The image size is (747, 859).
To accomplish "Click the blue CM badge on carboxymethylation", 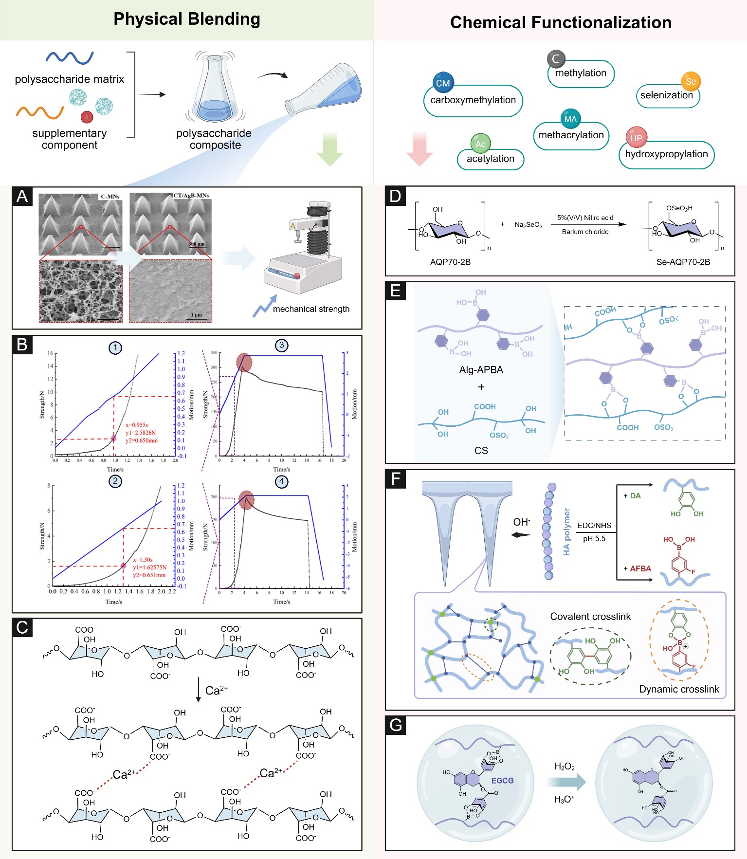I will pyautogui.click(x=443, y=83).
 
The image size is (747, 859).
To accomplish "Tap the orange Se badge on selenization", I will pyautogui.click(x=691, y=81).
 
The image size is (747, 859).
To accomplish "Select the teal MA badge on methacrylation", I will pyautogui.click(x=570, y=119).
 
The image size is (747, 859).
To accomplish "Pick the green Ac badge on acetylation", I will pyautogui.click(x=481, y=144).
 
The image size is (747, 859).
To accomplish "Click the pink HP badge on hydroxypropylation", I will pyautogui.click(x=636, y=138).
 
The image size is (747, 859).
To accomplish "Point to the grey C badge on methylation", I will pyautogui.click(x=556, y=59).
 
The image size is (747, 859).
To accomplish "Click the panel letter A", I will pyautogui.click(x=22, y=196).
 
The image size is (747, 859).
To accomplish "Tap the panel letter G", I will pyautogui.click(x=396, y=725).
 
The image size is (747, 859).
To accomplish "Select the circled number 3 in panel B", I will pyautogui.click(x=281, y=346).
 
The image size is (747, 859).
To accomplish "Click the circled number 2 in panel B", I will pyautogui.click(x=115, y=481).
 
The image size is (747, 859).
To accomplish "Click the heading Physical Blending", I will pyautogui.click(x=187, y=19).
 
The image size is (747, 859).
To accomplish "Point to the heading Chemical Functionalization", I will pyautogui.click(x=561, y=22).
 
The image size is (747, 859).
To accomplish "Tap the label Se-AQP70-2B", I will pyautogui.click(x=683, y=262).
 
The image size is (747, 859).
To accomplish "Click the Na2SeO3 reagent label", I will pyautogui.click(x=528, y=225).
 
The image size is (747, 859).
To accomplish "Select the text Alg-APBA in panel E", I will pyautogui.click(x=481, y=370).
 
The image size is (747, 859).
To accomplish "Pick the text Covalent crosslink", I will pyautogui.click(x=590, y=617).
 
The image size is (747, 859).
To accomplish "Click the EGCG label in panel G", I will pyautogui.click(x=502, y=781).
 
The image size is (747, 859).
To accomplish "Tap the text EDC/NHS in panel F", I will pyautogui.click(x=594, y=526).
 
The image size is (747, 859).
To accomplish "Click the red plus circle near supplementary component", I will pyautogui.click(x=87, y=117).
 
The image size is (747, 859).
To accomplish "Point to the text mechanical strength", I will pyautogui.click(x=311, y=309).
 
